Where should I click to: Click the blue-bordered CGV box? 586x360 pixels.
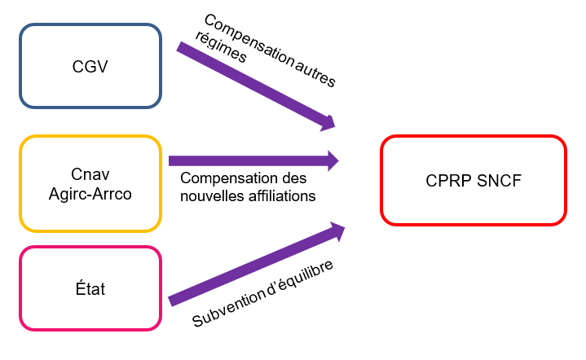tap(90, 66)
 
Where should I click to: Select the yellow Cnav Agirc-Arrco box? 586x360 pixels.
tap(90, 183)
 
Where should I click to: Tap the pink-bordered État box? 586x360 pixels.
tap(90, 288)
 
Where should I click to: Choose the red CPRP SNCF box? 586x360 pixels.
tap(473, 180)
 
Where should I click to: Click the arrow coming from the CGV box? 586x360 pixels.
tap(253, 86)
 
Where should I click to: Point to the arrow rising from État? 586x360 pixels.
tap(253, 266)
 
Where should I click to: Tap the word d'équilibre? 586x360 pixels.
tap(302, 276)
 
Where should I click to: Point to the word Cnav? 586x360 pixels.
tap(90, 173)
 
